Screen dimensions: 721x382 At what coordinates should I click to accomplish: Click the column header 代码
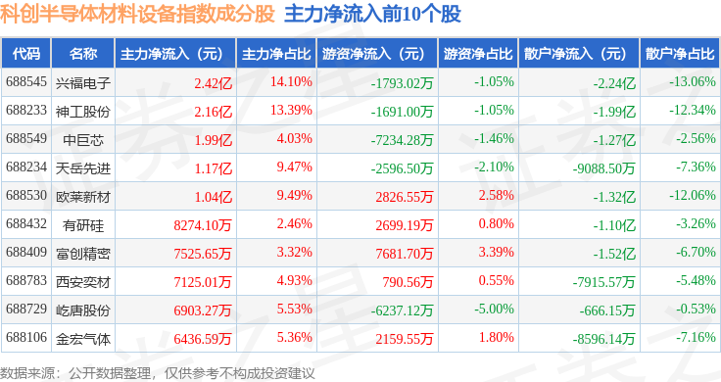click(x=26, y=53)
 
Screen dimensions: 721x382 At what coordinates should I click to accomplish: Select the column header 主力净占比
click(x=276, y=53)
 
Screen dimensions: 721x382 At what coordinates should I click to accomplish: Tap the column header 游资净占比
click(x=478, y=53)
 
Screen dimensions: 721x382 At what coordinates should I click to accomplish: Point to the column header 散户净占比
click(x=680, y=53)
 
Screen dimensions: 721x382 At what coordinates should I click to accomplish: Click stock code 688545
click(x=26, y=82)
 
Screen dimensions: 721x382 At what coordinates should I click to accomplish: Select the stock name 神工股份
click(x=83, y=112)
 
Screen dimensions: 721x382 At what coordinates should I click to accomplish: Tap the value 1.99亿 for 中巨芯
click(x=214, y=140)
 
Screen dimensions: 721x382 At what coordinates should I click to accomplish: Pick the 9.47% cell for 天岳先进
click(x=294, y=167)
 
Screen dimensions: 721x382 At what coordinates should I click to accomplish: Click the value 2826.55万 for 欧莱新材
click(x=405, y=197)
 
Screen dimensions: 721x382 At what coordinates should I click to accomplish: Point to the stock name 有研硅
click(x=83, y=225)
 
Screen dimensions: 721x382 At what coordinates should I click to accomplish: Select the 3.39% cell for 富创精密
click(x=496, y=252)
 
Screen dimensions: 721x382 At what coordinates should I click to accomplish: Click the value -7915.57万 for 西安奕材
click(x=603, y=282)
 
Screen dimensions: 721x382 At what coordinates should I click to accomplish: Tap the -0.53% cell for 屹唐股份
click(x=696, y=309)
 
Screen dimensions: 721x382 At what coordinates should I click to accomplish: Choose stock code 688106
click(x=26, y=337)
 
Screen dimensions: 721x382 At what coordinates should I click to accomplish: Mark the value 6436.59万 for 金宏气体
click(x=203, y=339)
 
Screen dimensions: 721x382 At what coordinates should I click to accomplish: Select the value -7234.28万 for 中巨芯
click(x=402, y=140)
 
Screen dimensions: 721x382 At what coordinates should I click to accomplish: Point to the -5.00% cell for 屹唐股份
click(x=494, y=309)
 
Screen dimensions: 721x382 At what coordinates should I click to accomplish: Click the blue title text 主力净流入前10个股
click(x=372, y=14)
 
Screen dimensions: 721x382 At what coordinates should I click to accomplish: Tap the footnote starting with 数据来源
click(x=158, y=373)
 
